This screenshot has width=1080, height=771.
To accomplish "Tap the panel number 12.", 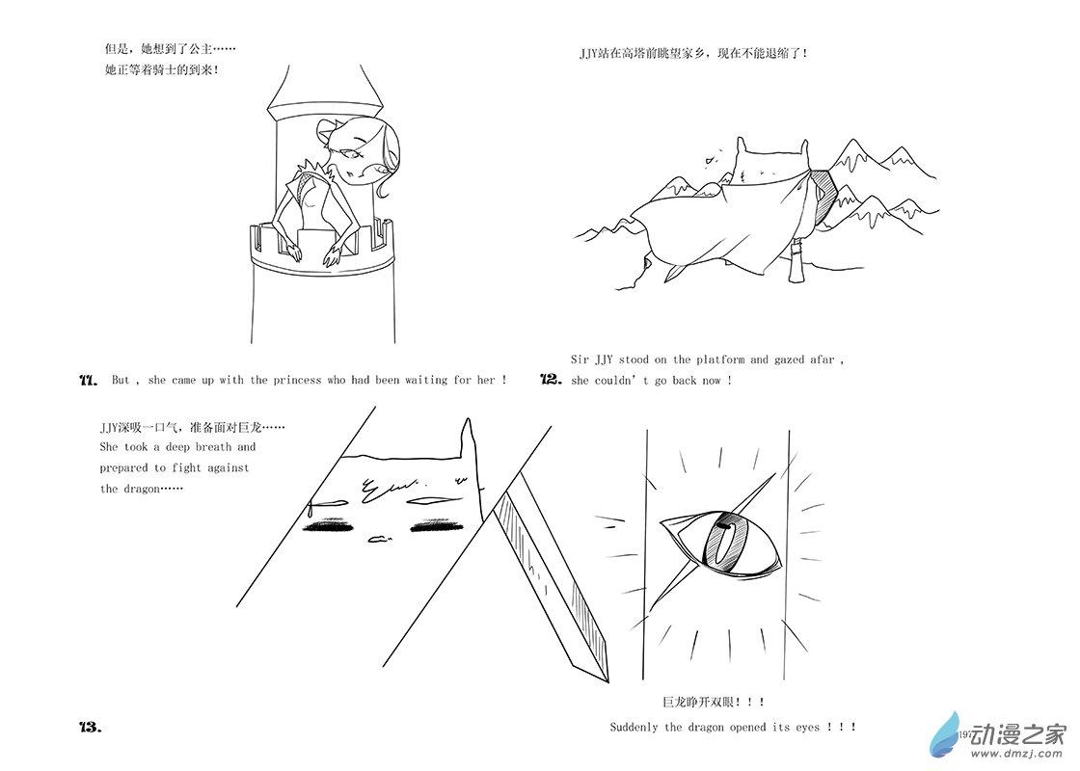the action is [x=551, y=380].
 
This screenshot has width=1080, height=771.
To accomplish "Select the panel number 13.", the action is [x=91, y=727].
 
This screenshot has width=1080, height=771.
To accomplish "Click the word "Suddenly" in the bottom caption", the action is [x=634, y=727].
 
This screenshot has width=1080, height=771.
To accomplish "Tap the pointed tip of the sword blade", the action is [x=607, y=680].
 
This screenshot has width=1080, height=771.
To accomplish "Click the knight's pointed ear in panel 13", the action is [x=469, y=437].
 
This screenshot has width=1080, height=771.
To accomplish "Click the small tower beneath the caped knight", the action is [x=797, y=260].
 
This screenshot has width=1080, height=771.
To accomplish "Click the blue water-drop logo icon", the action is [x=944, y=735].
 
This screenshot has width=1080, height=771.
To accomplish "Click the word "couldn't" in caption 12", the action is [x=619, y=380].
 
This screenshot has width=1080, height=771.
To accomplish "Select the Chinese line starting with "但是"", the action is [x=170, y=49].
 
